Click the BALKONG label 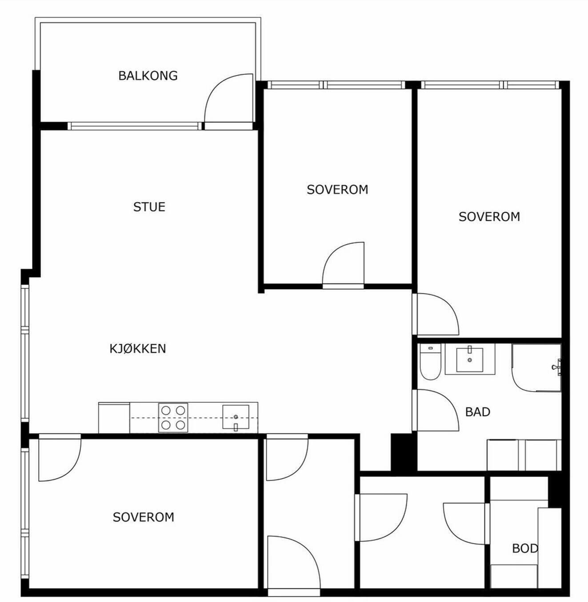coord(148,76)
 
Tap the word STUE coord(149,207)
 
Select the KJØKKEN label coord(138,349)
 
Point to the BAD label coord(478,412)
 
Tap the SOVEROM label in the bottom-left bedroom coord(144,517)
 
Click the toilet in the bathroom coord(430,362)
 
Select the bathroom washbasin coord(470,360)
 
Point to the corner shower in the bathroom coord(536,368)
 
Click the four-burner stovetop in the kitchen coord(173,418)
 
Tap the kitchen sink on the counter coord(236,417)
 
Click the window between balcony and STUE coord(135,126)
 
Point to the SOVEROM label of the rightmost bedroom coord(489,217)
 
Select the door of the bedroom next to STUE coord(343,266)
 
